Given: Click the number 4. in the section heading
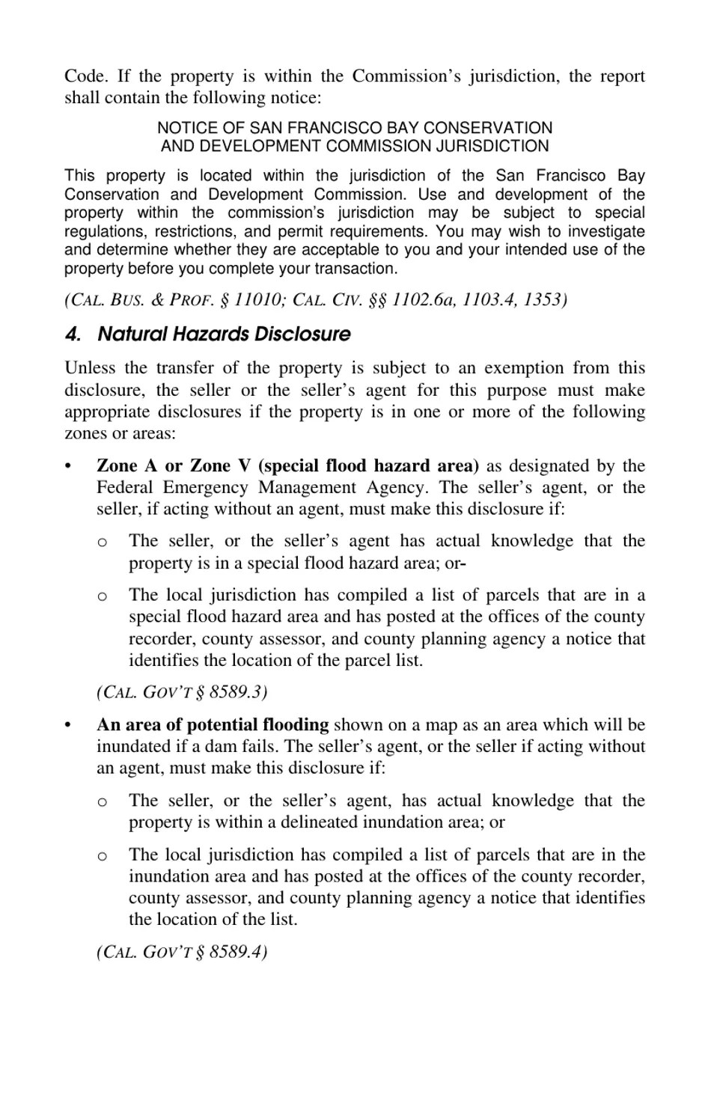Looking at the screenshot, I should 73,334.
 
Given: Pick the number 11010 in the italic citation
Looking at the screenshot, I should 255,299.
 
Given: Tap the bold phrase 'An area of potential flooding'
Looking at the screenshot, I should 213,724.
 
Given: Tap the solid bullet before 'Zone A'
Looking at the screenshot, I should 68,466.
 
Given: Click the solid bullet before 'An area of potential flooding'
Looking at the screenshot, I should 68,725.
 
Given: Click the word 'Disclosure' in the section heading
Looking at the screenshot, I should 302,334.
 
